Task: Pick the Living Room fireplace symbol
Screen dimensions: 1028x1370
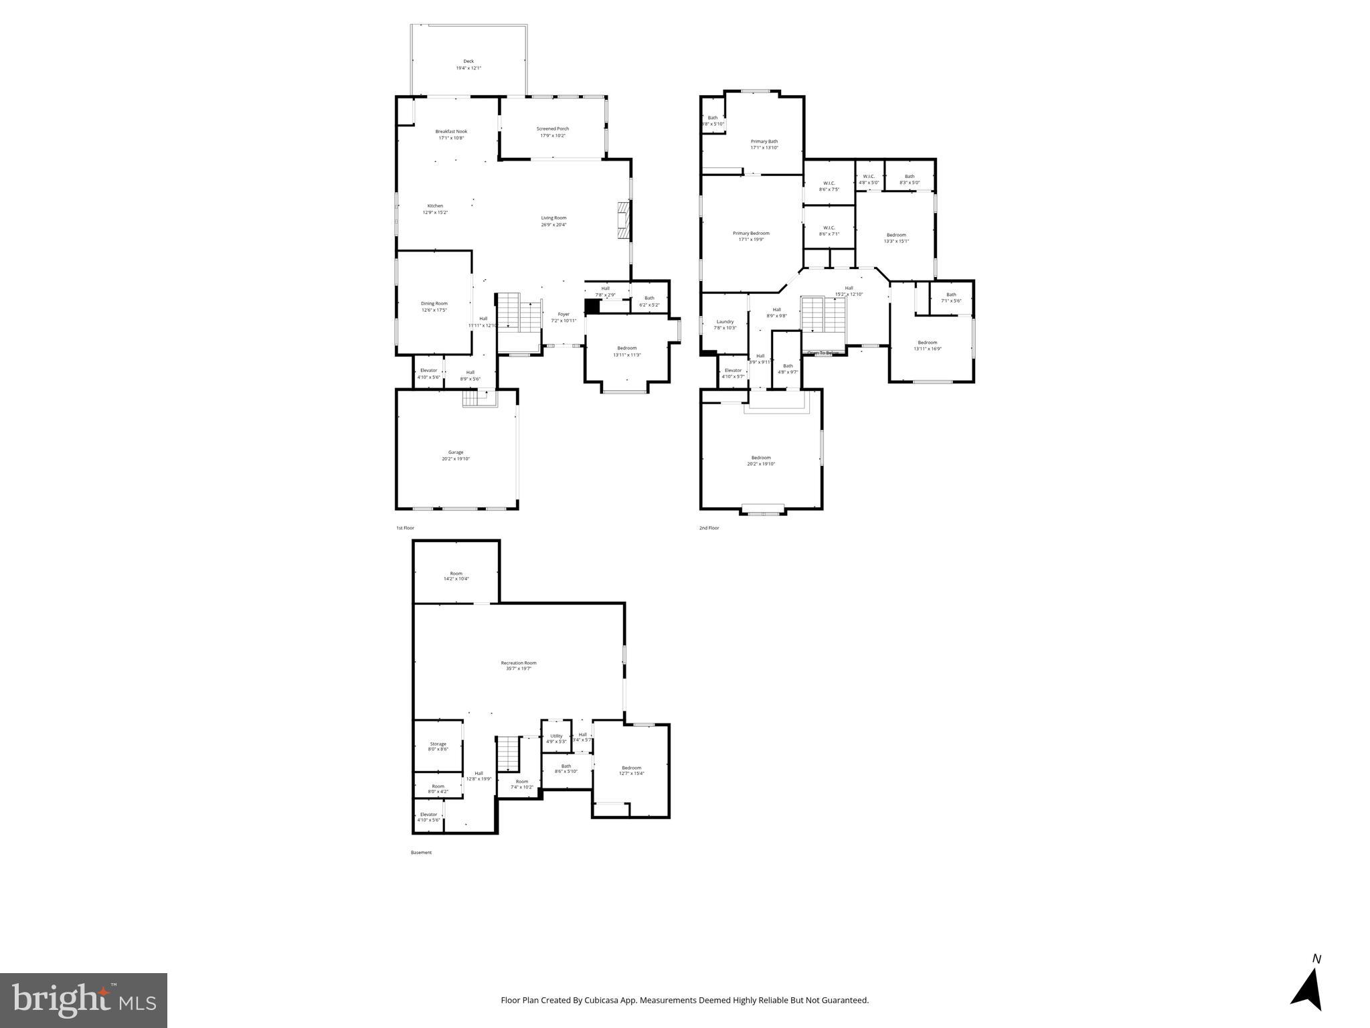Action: (x=623, y=220)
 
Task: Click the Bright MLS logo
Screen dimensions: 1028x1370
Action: (x=84, y=1000)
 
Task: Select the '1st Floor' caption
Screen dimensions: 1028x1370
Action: (x=405, y=528)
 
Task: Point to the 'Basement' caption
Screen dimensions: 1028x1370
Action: (x=421, y=853)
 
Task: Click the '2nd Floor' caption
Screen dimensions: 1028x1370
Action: (x=709, y=528)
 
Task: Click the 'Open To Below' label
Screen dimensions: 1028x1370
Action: (x=823, y=353)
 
